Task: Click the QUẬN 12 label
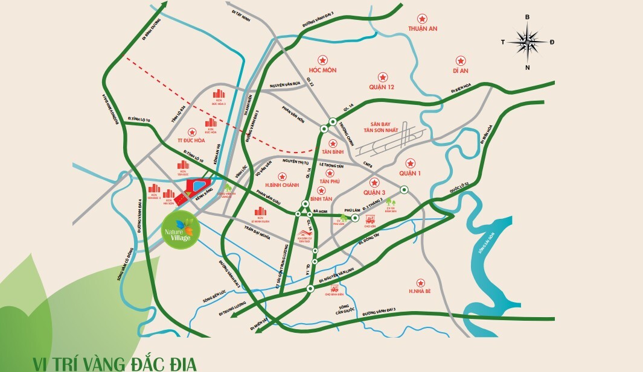coord(382,87)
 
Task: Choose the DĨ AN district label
coord(460,71)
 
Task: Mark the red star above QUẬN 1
coord(411,162)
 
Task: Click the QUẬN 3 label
coord(374,192)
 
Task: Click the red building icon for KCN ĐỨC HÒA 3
coord(219,95)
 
